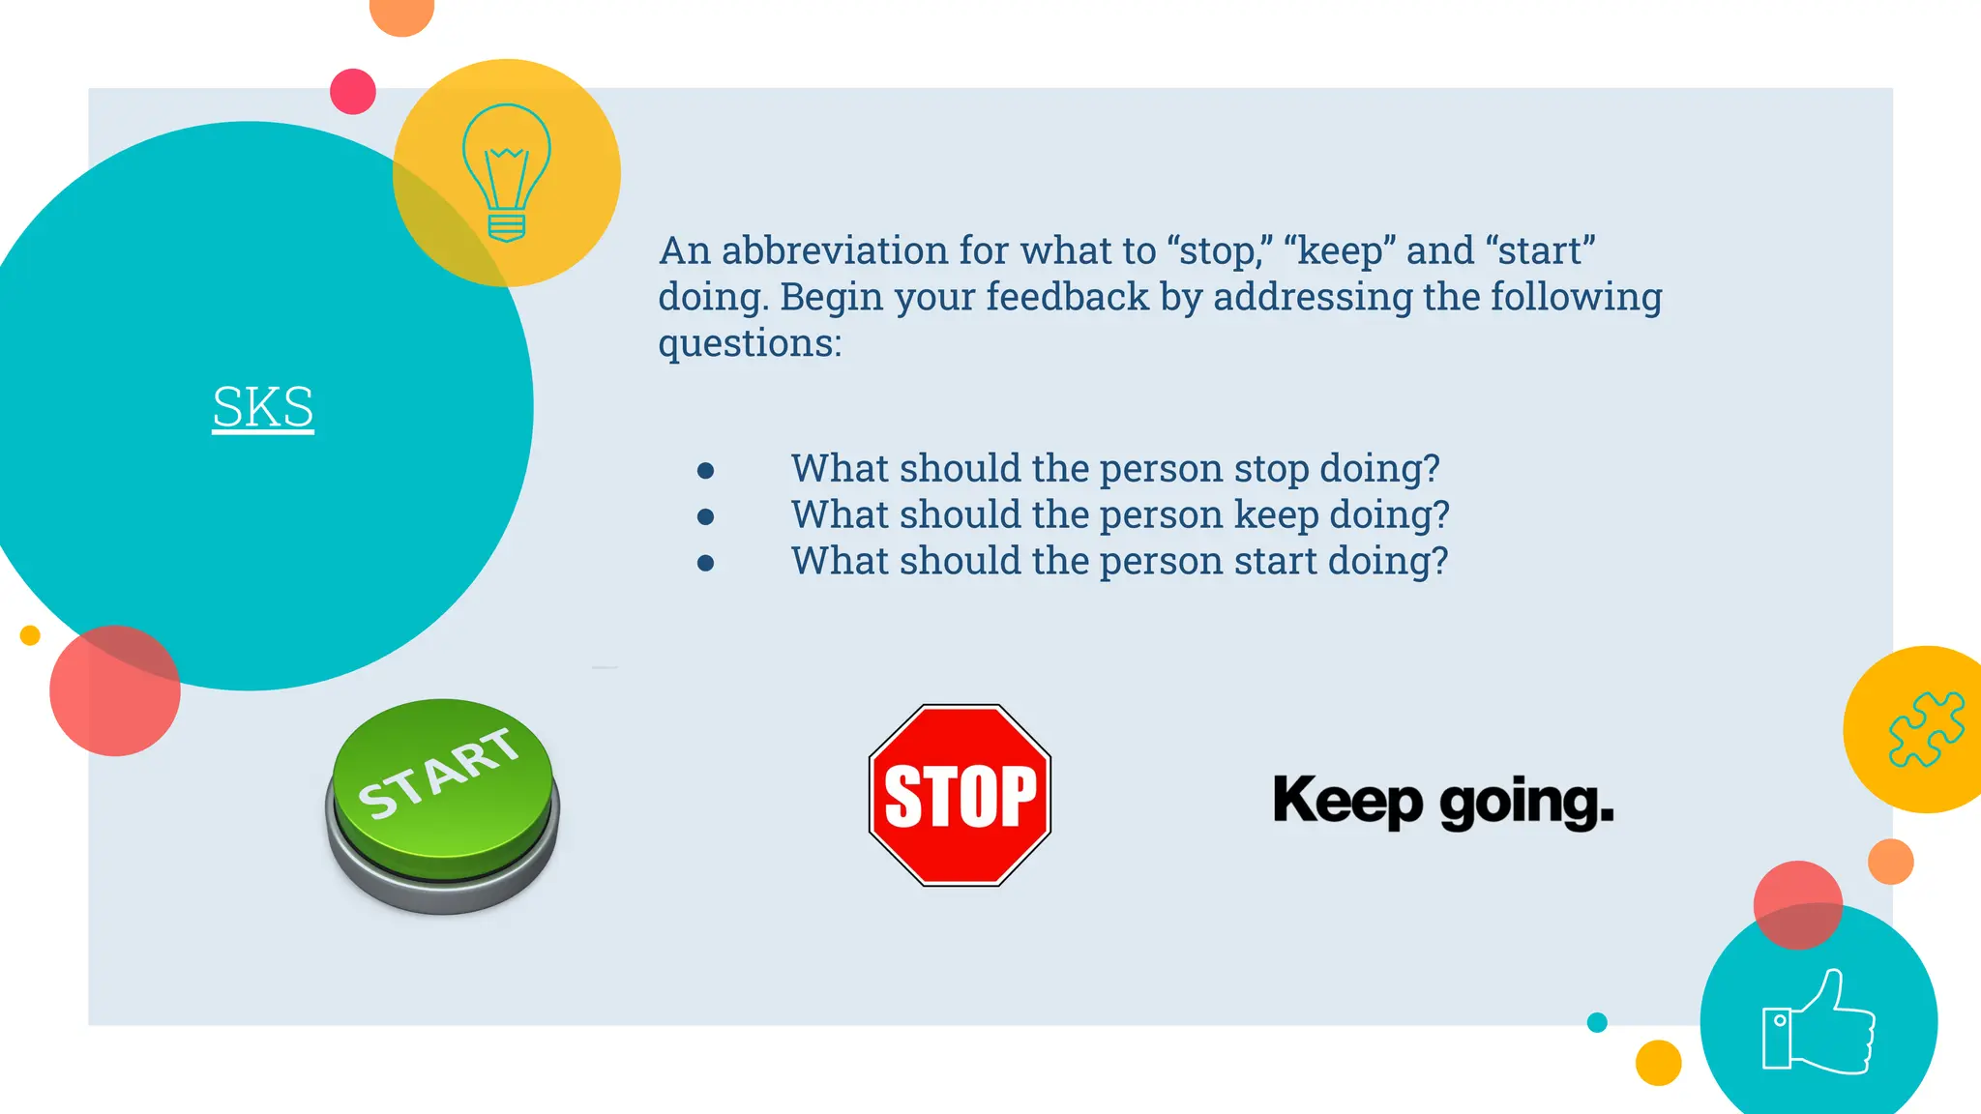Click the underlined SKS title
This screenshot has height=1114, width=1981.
(x=263, y=407)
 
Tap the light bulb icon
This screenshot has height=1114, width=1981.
(x=507, y=173)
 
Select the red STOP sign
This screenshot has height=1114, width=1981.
(x=960, y=795)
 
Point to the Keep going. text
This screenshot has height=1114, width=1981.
(x=1443, y=802)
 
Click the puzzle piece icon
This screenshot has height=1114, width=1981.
(x=1926, y=729)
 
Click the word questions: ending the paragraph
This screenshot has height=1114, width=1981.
(x=750, y=343)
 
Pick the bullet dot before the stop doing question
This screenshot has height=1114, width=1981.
(x=706, y=471)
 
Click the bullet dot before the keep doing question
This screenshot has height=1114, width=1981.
(x=706, y=517)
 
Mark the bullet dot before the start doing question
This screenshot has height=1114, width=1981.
(x=706, y=563)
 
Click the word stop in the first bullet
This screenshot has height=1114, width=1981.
(x=1271, y=470)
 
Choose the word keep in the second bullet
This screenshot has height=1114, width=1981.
(x=1276, y=515)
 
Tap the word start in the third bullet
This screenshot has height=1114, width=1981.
(x=1274, y=562)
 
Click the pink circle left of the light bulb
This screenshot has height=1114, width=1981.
(x=353, y=92)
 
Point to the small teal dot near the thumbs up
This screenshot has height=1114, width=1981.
(x=1597, y=1022)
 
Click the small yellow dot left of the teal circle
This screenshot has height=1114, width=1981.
(x=30, y=635)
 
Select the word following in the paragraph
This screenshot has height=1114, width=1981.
(x=1576, y=297)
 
